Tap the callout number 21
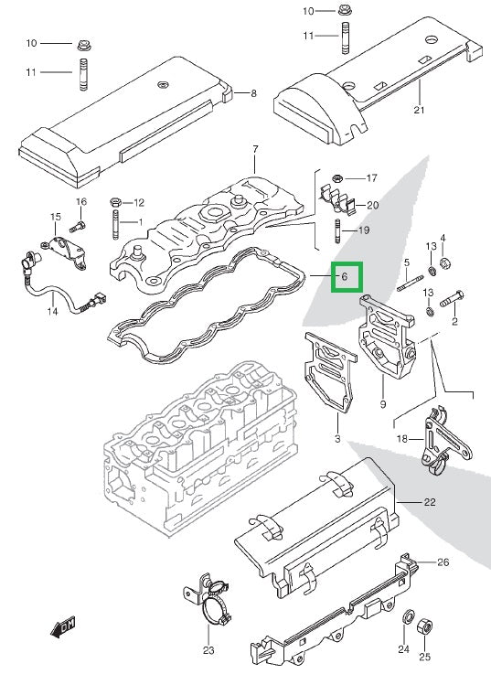(x=420, y=111)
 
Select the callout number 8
(x=253, y=93)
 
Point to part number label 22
(x=431, y=502)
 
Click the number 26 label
(x=443, y=562)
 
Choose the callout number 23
(x=208, y=651)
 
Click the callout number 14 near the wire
(x=52, y=312)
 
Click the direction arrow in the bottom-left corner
(x=63, y=627)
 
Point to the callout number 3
(x=337, y=441)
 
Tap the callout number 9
(x=382, y=404)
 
